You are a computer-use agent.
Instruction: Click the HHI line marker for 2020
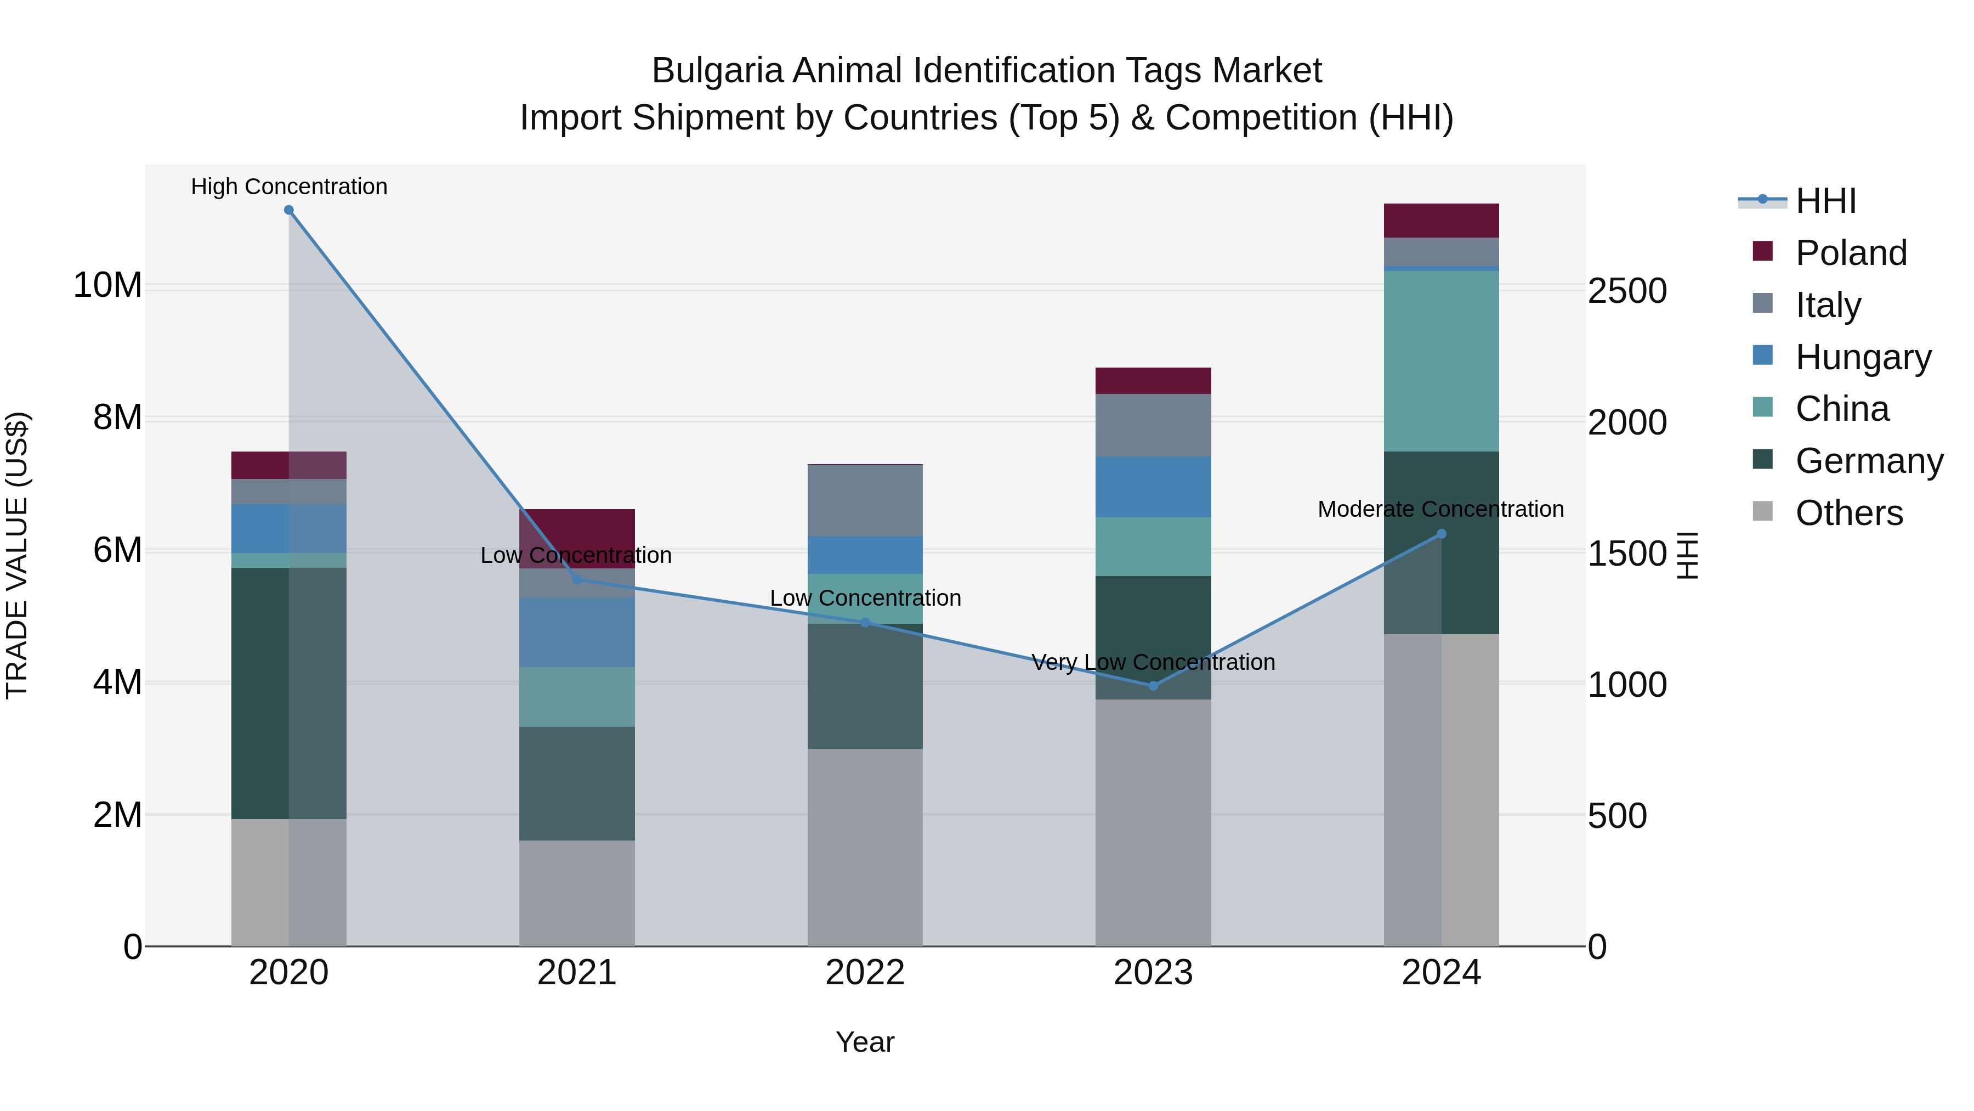[x=289, y=210]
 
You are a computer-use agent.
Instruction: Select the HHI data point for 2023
[x=1153, y=685]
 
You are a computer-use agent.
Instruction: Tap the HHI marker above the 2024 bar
[x=1442, y=534]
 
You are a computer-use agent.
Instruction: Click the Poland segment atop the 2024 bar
[x=1442, y=221]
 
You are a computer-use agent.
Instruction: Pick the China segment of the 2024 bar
[x=1442, y=360]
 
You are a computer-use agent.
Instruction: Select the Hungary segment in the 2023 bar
[x=1153, y=487]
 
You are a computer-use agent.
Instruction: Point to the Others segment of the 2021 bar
[x=577, y=893]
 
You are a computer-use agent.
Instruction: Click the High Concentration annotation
[x=289, y=187]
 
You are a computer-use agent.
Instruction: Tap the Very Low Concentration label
[x=1153, y=662]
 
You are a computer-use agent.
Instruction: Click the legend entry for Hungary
[x=1863, y=357]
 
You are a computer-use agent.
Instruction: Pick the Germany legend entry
[x=1869, y=461]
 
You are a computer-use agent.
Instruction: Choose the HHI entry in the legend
[x=1825, y=201]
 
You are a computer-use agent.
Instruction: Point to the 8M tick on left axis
[x=117, y=418]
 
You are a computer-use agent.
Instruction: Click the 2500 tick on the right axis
[x=1627, y=291]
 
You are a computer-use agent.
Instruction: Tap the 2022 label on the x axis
[x=865, y=973]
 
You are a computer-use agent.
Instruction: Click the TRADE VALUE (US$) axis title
[x=17, y=555]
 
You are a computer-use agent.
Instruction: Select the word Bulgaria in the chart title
[x=717, y=71]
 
